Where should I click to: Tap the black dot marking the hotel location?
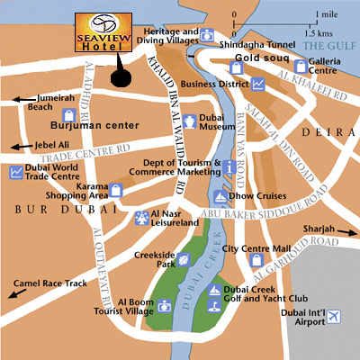click(x=119, y=77)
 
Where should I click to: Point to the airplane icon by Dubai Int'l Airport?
click(x=335, y=316)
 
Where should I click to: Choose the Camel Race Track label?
click(x=59, y=283)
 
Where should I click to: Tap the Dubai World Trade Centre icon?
click(x=16, y=173)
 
